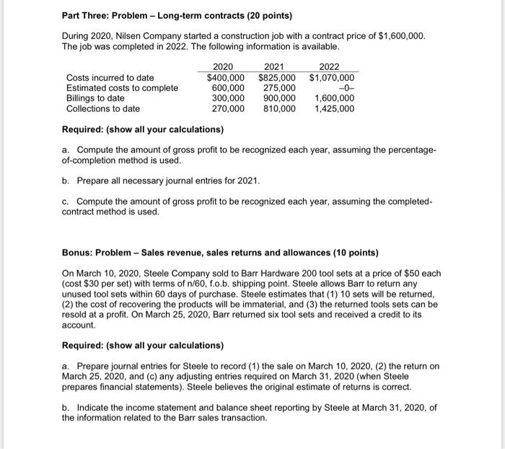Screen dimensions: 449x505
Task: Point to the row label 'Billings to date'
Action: point(95,98)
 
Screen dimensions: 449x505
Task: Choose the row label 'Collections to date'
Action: point(103,108)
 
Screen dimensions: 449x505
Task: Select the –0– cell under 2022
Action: point(345,88)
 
